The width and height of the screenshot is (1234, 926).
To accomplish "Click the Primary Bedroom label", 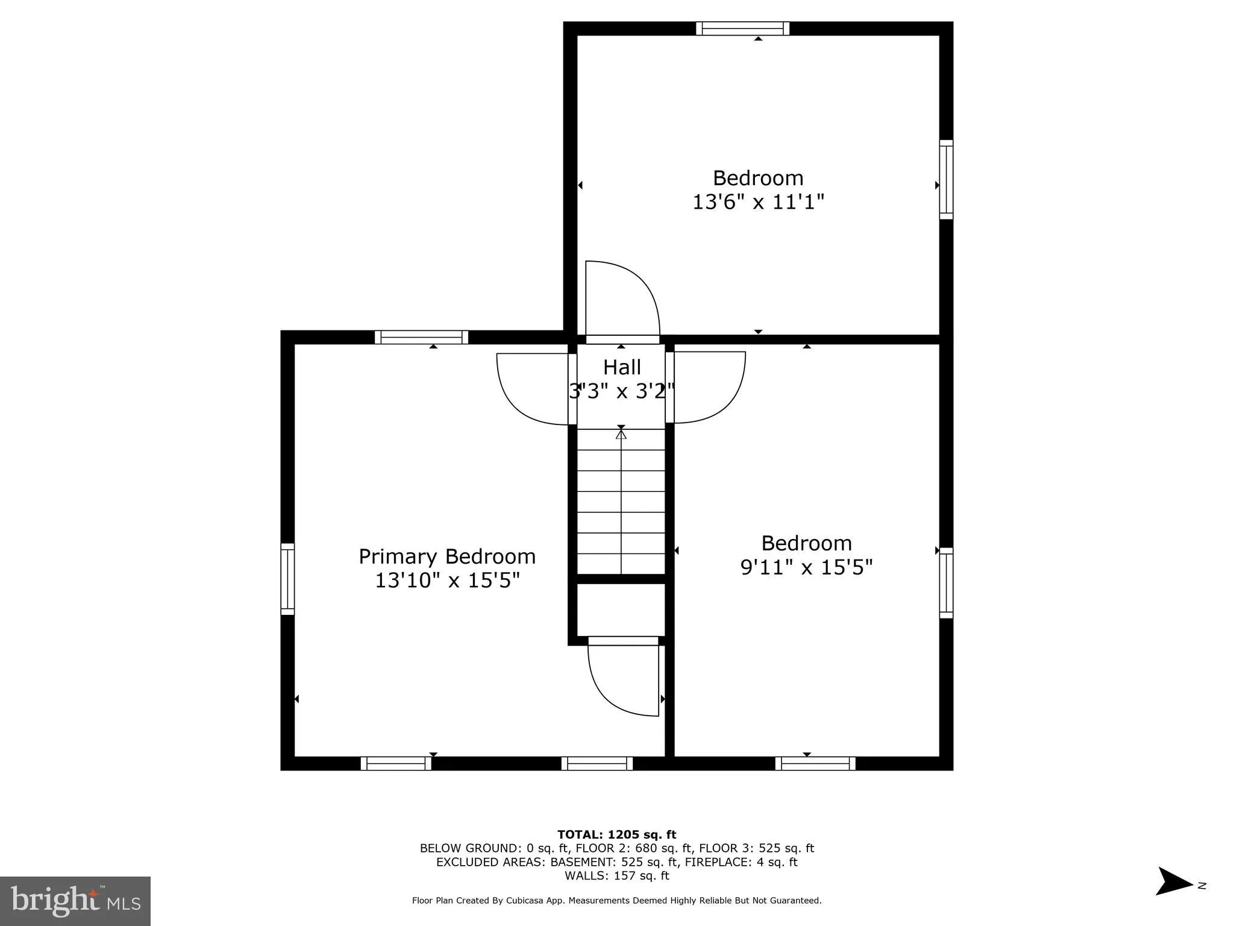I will pos(447,556).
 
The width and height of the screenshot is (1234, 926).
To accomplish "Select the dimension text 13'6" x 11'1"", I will pos(758,202).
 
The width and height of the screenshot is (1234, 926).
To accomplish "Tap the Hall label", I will pos(622,367).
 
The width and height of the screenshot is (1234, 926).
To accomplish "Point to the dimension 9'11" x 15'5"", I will pos(806,567).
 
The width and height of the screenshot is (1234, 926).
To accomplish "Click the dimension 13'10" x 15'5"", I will pos(447,581).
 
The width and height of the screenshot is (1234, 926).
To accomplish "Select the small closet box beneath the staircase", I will pos(621,609).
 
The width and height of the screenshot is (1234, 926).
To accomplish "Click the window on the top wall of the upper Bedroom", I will pos(742,28).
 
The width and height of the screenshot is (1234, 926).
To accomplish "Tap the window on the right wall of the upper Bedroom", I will pos(947,180).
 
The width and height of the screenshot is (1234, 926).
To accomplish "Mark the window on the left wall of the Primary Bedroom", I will pos(287,579).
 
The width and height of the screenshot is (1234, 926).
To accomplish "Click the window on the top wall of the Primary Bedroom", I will pos(421,337).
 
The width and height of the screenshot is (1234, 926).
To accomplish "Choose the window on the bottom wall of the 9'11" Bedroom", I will pos(815,763).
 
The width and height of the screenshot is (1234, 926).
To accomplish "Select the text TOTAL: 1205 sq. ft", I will pos(616,834).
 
